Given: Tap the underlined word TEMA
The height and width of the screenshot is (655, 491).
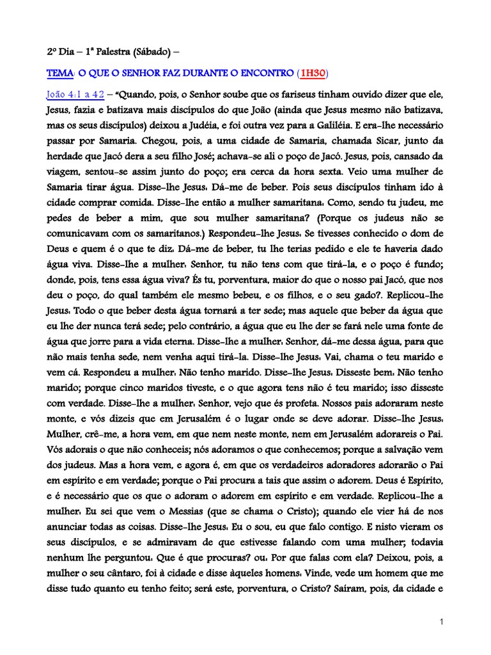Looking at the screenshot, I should pos(61,74).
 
